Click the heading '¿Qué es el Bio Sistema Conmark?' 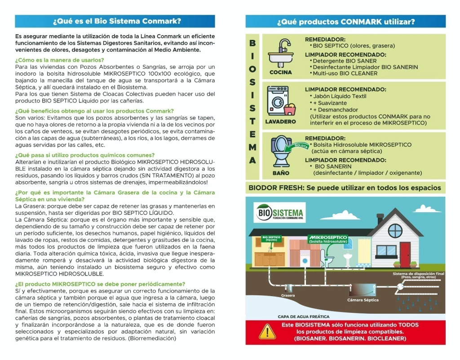(116, 21)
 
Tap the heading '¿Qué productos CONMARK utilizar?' (345, 22)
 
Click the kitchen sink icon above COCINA (281, 53)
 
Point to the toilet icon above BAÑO (281, 152)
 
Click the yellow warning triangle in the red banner (268, 332)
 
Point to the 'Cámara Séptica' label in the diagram (363, 300)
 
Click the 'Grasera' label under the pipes (288, 296)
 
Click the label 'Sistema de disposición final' (418, 274)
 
